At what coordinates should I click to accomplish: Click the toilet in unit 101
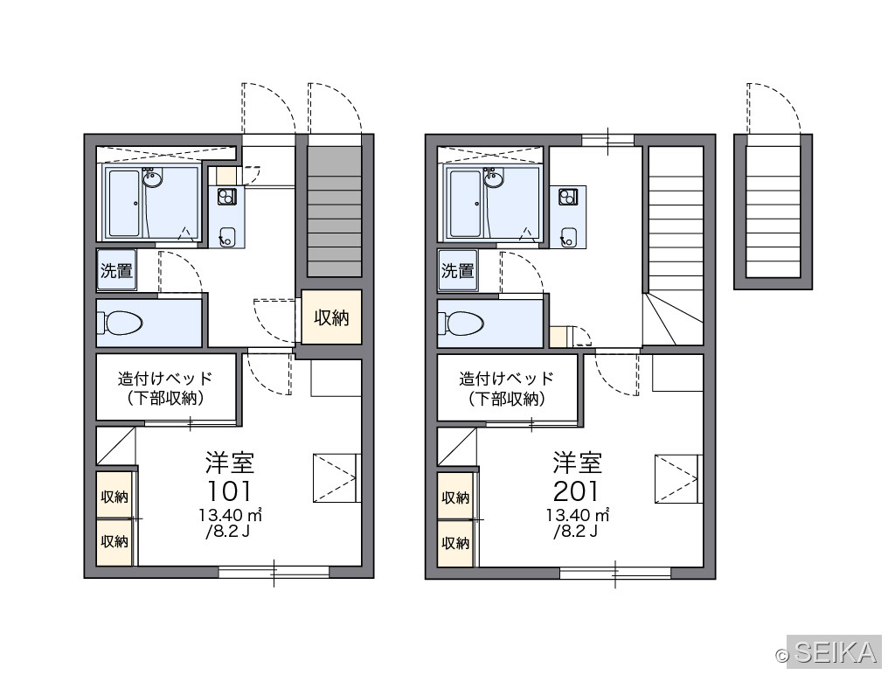click(121, 323)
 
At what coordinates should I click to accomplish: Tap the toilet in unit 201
click(461, 324)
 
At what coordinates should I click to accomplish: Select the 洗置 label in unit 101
click(116, 271)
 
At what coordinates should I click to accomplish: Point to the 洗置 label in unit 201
click(458, 271)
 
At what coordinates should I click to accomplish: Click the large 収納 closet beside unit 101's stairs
click(331, 317)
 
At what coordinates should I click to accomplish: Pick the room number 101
click(229, 491)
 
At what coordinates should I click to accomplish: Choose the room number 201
click(576, 491)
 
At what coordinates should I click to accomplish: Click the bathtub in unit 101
click(125, 204)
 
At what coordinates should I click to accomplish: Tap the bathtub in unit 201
click(466, 204)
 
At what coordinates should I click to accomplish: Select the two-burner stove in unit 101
click(226, 196)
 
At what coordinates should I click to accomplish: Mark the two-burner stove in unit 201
click(568, 197)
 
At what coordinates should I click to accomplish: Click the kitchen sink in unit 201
click(569, 238)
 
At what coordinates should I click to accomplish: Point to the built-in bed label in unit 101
click(165, 388)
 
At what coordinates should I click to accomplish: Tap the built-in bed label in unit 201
click(507, 388)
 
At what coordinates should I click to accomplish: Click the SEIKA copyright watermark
click(829, 652)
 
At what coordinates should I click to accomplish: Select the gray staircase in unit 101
click(334, 212)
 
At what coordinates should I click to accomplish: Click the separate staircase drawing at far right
click(773, 212)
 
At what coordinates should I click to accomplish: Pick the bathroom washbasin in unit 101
click(152, 179)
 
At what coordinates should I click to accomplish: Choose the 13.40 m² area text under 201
click(577, 515)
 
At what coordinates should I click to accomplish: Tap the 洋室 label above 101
click(230, 463)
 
